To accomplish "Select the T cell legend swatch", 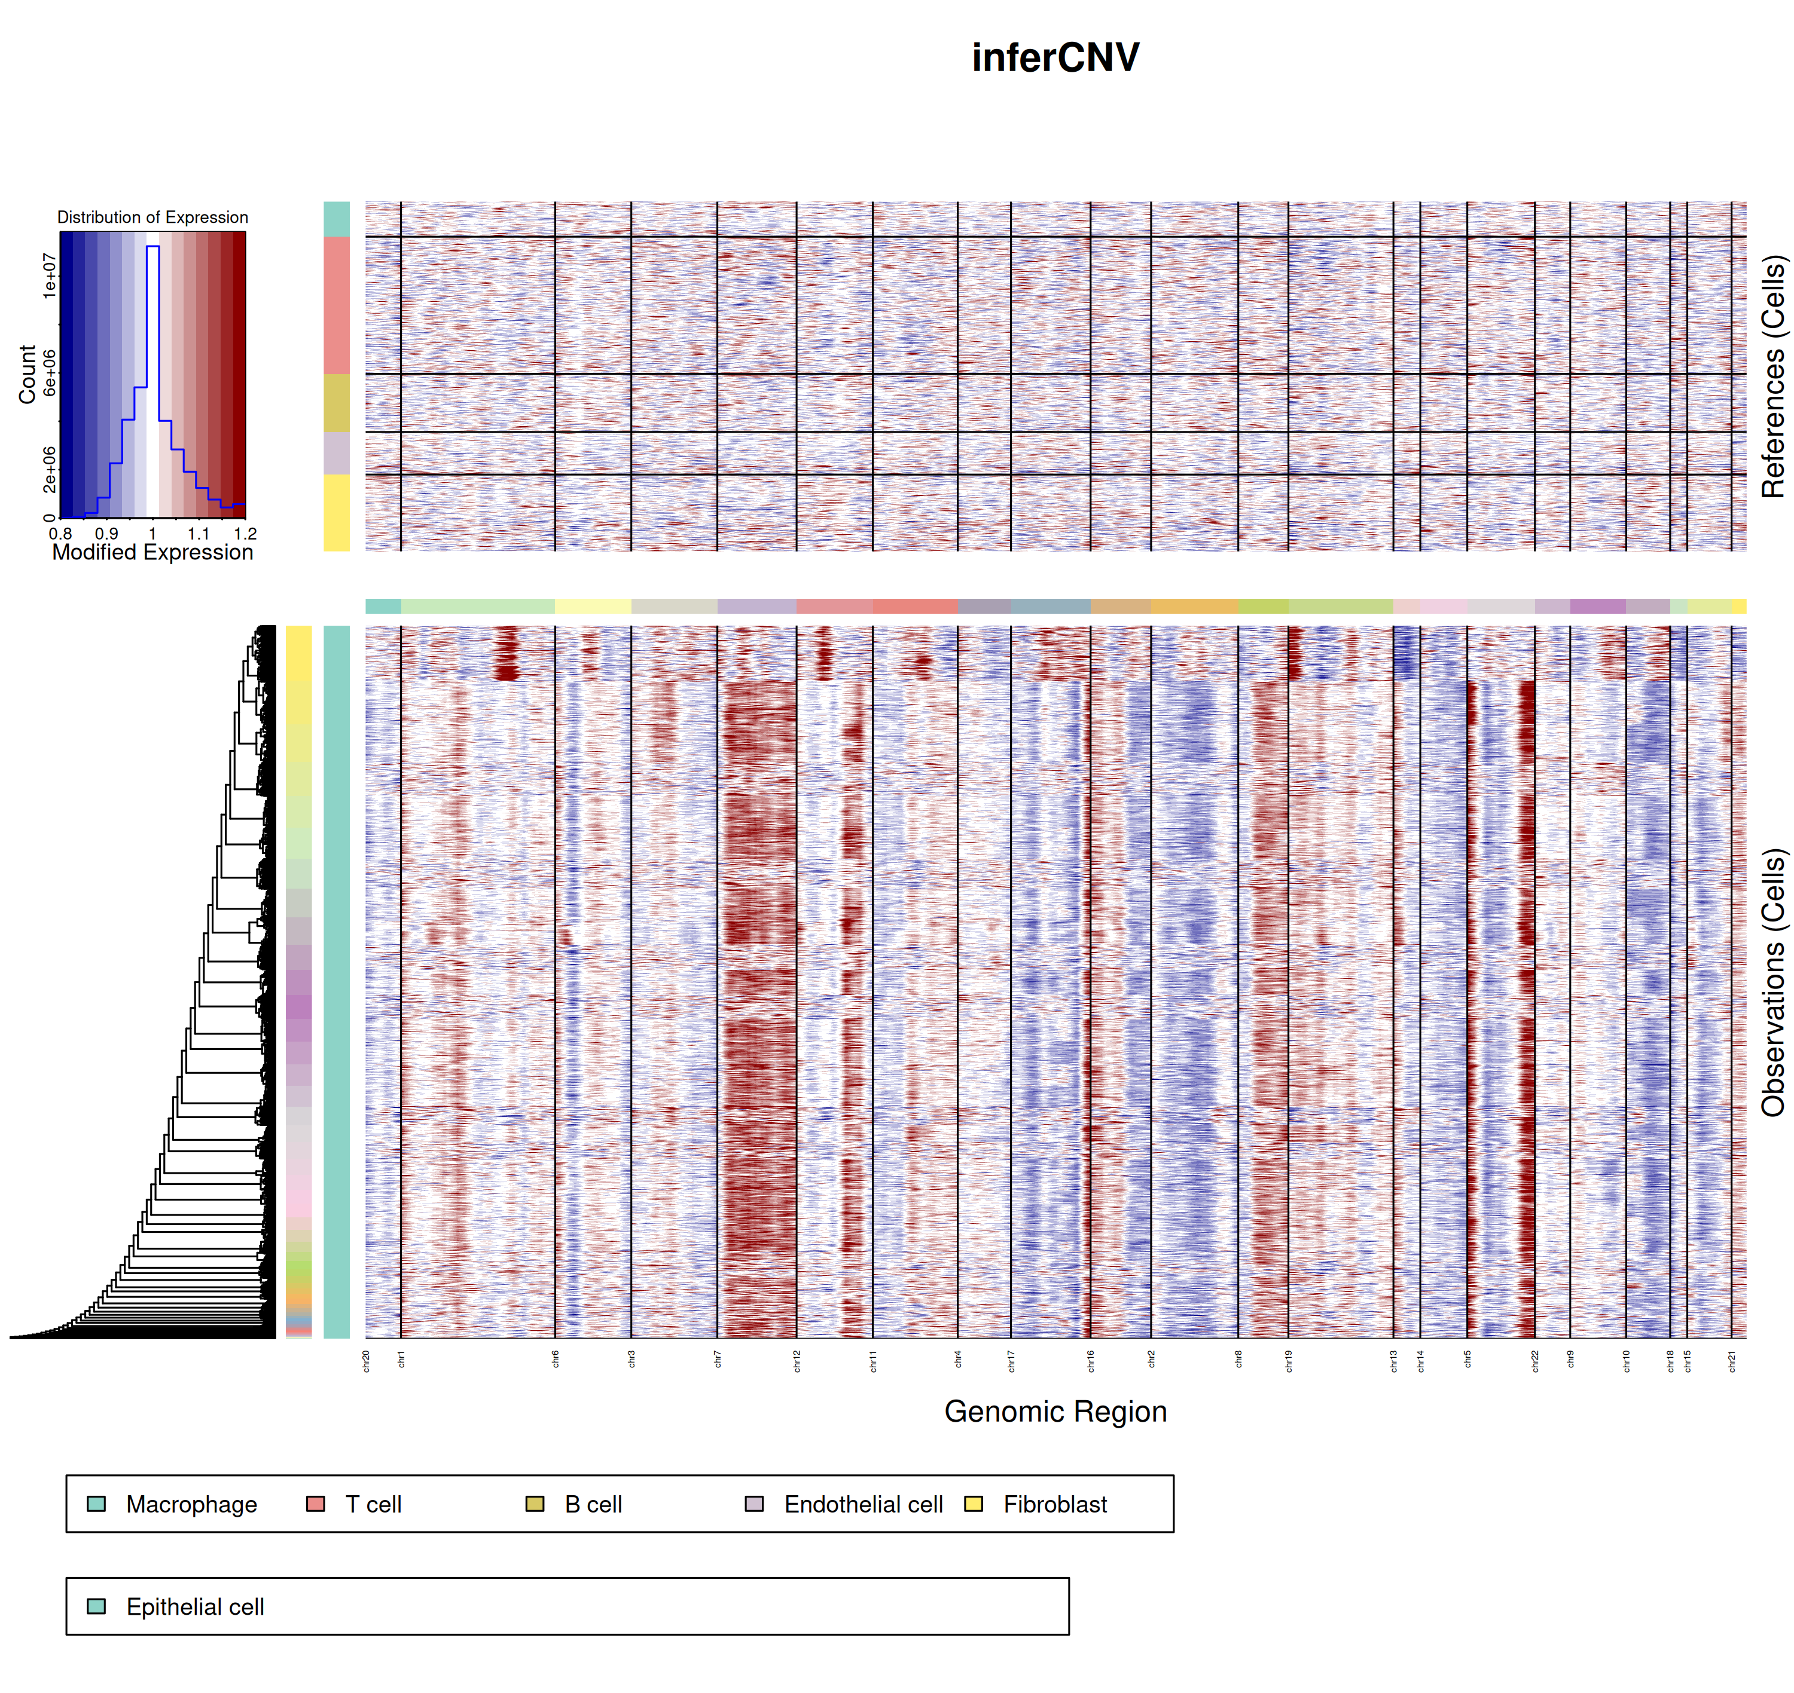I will [x=315, y=1504].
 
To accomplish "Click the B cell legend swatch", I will [x=535, y=1504].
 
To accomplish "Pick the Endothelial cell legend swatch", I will [x=754, y=1504].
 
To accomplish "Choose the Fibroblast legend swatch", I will [x=974, y=1504].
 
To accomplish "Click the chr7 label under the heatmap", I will [x=718, y=1360].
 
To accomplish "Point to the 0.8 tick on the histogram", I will [x=60, y=533].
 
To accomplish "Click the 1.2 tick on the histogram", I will [x=245, y=533].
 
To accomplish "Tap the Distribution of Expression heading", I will [x=152, y=218].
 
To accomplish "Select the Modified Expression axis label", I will [x=152, y=552].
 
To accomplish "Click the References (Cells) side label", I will [x=1773, y=376].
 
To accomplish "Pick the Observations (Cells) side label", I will [x=1773, y=982].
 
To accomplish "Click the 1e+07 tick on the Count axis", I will [x=49, y=276].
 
